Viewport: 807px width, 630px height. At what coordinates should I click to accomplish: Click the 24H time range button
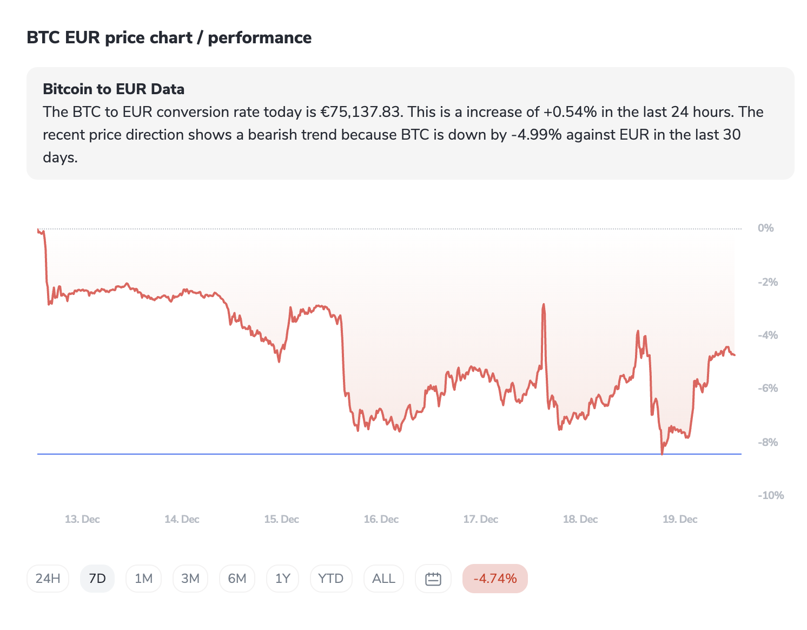pyautogui.click(x=48, y=579)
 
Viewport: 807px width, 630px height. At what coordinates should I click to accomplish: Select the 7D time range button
pyautogui.click(x=97, y=579)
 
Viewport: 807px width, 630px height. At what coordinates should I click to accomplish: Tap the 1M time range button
pyautogui.click(x=143, y=579)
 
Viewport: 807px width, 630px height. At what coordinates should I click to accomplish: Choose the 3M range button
pyautogui.click(x=190, y=579)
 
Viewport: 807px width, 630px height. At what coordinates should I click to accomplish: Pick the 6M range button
pyautogui.click(x=237, y=579)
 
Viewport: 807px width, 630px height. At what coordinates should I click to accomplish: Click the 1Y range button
pyautogui.click(x=283, y=579)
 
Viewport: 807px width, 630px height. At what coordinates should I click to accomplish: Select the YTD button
pyautogui.click(x=331, y=579)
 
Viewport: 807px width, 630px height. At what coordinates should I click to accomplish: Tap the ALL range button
pyautogui.click(x=383, y=579)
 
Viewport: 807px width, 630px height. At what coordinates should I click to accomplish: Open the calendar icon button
pyautogui.click(x=433, y=579)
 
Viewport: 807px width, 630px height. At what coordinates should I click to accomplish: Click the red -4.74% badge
pyautogui.click(x=495, y=579)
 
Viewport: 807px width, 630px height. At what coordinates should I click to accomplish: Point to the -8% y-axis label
pyautogui.click(x=768, y=442)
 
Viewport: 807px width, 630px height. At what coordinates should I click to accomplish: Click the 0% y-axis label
pyautogui.click(x=765, y=228)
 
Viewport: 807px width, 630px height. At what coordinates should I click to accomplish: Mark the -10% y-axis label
pyautogui.click(x=770, y=495)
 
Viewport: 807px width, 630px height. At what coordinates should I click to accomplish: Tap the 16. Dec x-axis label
pyautogui.click(x=381, y=519)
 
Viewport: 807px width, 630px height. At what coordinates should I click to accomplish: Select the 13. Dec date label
pyautogui.click(x=82, y=519)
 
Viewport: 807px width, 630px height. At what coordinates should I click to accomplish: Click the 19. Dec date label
pyautogui.click(x=680, y=519)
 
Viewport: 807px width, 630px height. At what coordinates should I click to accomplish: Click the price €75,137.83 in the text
pyautogui.click(x=361, y=112)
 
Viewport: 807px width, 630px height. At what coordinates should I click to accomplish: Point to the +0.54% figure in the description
pyautogui.click(x=570, y=112)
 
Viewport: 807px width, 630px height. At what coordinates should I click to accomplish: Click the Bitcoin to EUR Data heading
pyautogui.click(x=114, y=89)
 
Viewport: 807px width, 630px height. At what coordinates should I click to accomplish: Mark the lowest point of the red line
pyautogui.click(x=662, y=454)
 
